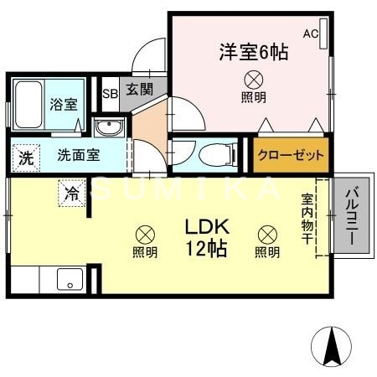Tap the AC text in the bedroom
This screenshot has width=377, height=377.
coord(310,34)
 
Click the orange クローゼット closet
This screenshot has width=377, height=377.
coord(291,156)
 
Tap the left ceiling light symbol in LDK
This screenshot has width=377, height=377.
coord(145,235)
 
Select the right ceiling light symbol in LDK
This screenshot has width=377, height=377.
coord(267,235)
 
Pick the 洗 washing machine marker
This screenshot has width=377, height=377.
coord(27,156)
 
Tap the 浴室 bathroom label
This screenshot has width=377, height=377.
coord(63,105)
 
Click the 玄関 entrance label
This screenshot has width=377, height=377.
coord(139,89)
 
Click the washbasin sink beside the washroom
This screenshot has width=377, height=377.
coord(109,128)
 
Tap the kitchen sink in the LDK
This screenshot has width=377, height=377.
coord(67,279)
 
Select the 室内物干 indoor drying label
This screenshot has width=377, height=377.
coord(308,219)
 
